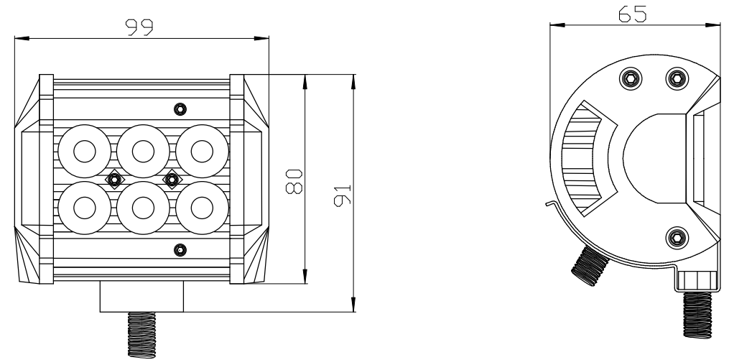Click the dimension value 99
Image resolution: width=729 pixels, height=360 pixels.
pyautogui.click(x=139, y=27)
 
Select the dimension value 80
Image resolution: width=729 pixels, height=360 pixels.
pyautogui.click(x=294, y=181)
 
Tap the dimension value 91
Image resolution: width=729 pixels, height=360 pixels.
pyautogui.click(x=343, y=195)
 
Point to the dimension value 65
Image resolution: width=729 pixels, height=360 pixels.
pyautogui.click(x=632, y=14)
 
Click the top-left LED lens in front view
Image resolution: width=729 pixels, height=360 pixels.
pyautogui.click(x=85, y=151)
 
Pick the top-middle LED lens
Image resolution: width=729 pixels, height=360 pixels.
pyautogui.click(x=143, y=151)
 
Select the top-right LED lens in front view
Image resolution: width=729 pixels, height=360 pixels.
pyautogui.click(x=202, y=151)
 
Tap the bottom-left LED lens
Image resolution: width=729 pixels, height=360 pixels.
pyautogui.click(x=85, y=208)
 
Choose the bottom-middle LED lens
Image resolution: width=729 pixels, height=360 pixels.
pyautogui.click(x=143, y=208)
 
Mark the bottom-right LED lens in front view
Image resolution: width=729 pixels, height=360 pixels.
pyautogui.click(x=202, y=208)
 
